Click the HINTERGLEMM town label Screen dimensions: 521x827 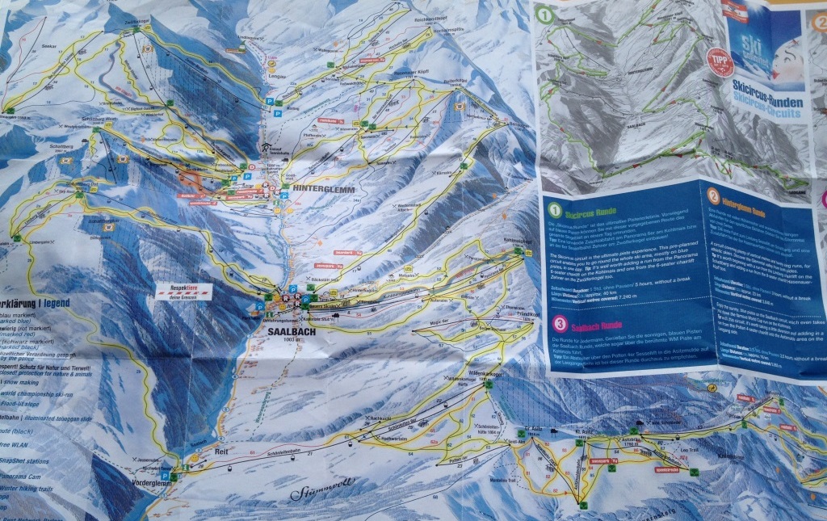(x=320, y=188)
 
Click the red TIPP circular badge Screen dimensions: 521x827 (x=720, y=61)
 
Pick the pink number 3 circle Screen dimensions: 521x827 (x=558, y=324)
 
